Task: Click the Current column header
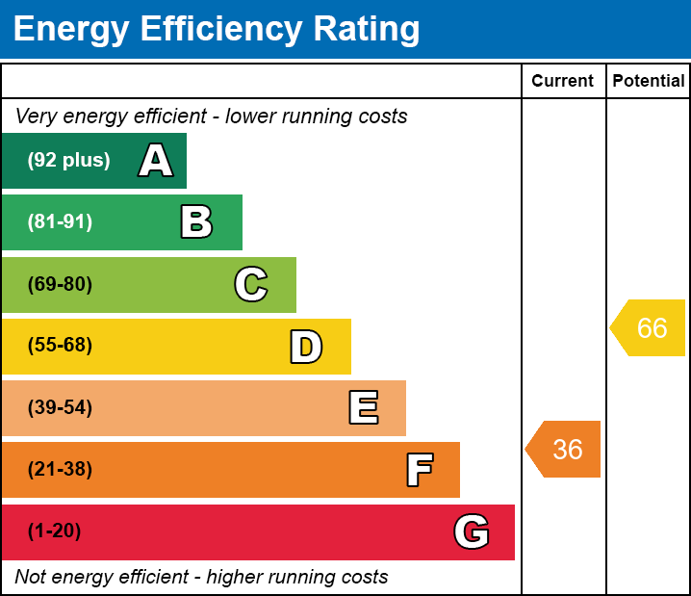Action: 562,81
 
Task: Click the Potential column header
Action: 649,81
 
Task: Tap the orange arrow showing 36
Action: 562,449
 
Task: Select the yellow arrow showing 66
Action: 648,327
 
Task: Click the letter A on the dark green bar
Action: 156,160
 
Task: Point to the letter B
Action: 196,221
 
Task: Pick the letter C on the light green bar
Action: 251,284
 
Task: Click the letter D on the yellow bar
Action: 306,347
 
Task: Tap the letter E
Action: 364,407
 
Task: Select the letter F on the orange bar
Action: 420,470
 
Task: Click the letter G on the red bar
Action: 472,531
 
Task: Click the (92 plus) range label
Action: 68,160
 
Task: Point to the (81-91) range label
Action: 60,221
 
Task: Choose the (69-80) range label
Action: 60,284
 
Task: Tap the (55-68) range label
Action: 60,345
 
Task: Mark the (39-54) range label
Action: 60,407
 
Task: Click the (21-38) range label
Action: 60,469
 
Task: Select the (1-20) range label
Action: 54,531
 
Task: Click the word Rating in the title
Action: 367,29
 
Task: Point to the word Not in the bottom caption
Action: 29,577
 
